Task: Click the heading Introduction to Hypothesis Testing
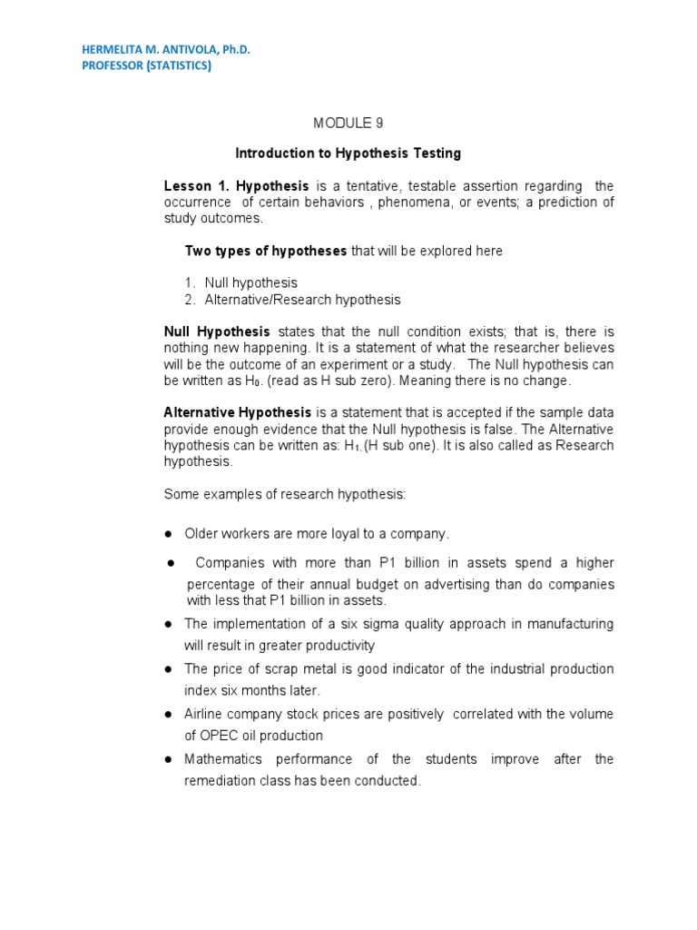pos(348,153)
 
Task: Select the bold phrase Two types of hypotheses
pos(266,251)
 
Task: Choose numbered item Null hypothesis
pos(250,282)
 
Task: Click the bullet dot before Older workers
pos(169,534)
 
